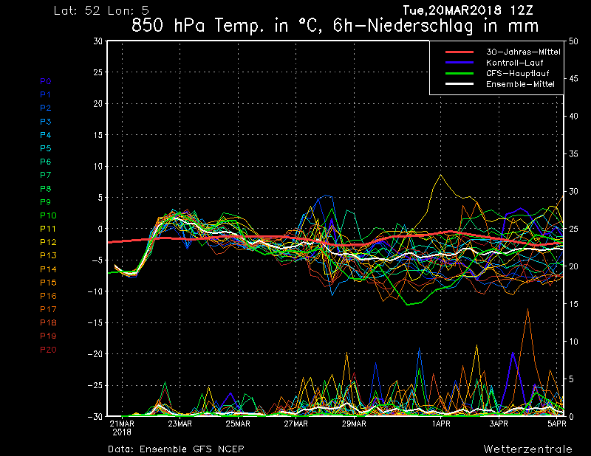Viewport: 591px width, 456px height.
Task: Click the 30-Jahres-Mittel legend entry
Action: point(523,52)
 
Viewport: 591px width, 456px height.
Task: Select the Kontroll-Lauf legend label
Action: point(514,63)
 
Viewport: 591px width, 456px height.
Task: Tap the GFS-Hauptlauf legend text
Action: point(518,74)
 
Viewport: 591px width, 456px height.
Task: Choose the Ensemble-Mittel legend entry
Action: point(520,84)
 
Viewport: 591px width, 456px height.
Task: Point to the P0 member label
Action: point(46,81)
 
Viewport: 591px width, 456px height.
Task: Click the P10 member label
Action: point(48,215)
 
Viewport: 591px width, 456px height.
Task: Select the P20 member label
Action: point(48,350)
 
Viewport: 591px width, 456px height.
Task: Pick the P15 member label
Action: point(48,283)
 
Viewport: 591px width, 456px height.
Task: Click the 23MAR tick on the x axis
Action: point(180,424)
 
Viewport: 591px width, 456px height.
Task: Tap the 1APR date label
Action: point(441,424)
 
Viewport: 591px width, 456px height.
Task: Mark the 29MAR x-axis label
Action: point(354,424)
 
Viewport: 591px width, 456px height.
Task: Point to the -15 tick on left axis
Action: point(95,322)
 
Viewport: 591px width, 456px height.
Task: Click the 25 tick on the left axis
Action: point(98,72)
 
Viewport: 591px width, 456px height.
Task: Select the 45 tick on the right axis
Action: point(573,79)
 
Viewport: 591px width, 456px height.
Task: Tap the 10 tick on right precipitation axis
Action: point(573,342)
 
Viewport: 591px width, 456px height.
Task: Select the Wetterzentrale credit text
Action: point(527,449)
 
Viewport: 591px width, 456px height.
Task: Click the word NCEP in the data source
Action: point(233,449)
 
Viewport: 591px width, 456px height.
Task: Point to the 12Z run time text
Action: point(522,10)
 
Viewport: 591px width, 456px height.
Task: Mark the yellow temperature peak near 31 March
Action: point(440,175)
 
